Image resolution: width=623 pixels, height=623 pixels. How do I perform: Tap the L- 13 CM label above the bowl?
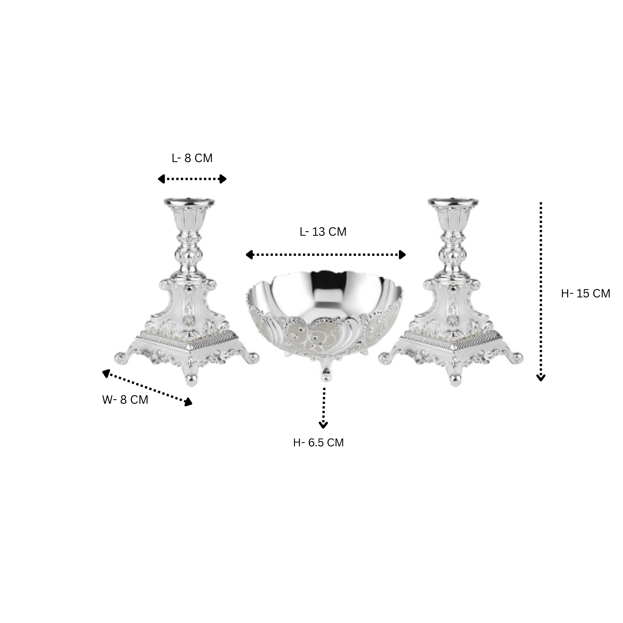pos(323,232)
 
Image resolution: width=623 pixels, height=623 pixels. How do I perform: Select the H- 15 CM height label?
pos(585,294)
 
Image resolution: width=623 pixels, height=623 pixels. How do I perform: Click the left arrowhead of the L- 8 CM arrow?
pos(161,179)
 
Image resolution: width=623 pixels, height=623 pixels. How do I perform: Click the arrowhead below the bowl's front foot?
pos(323,425)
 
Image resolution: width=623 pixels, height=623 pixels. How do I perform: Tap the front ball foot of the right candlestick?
pos(455,380)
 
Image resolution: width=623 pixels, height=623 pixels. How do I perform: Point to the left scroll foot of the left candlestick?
pos(120,358)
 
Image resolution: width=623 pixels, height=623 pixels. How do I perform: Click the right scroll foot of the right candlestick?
pos(518,358)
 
